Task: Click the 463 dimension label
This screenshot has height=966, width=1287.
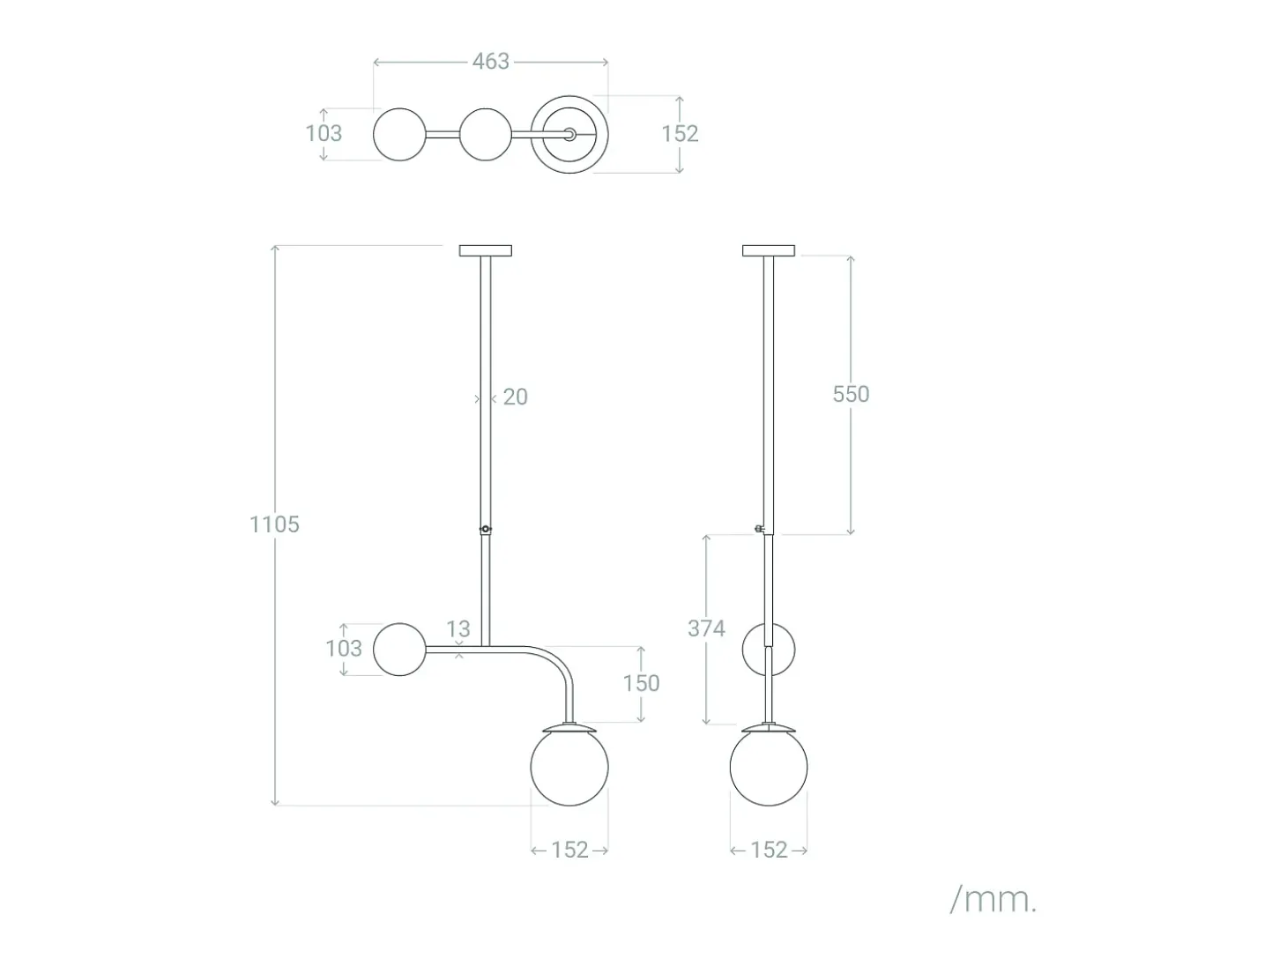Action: pos(491,62)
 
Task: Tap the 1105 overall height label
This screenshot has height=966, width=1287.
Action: pos(274,524)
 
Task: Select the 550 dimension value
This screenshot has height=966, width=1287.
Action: pos(851,394)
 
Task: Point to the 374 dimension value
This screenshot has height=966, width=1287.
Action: pos(707,628)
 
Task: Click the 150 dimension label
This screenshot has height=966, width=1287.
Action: pos(641,683)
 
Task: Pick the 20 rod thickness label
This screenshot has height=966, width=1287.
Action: pos(516,397)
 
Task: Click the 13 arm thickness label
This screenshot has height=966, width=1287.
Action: pos(458,629)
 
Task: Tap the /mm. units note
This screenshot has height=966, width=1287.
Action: pos(993,899)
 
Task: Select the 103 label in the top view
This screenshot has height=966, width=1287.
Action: pos(324,134)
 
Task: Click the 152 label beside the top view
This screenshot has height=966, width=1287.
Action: pos(680,134)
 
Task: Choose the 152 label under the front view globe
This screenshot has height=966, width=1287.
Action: pos(569,850)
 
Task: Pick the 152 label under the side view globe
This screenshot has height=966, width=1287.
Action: pos(769,850)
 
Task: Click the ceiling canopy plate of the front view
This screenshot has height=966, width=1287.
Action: pos(486,251)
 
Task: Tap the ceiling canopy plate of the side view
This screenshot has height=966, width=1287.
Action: pos(769,251)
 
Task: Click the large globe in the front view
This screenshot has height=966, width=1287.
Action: pos(569,767)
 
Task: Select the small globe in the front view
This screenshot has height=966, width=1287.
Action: pos(400,650)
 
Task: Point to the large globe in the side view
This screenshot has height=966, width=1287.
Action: pos(769,767)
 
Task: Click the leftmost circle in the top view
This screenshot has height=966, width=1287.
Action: pos(400,134)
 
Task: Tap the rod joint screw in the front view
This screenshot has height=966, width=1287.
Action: pos(486,530)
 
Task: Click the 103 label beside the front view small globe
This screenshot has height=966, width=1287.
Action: pos(344,649)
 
